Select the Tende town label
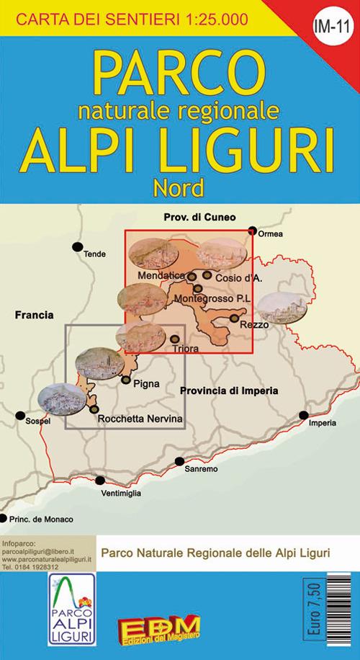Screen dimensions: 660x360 (94, 254)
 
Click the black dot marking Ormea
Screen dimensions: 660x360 (253, 231)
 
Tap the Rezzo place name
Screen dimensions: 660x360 (256, 325)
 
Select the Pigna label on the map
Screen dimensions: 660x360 (146, 384)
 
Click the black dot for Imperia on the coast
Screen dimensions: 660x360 (304, 415)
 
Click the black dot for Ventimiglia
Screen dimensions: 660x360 (100, 481)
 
